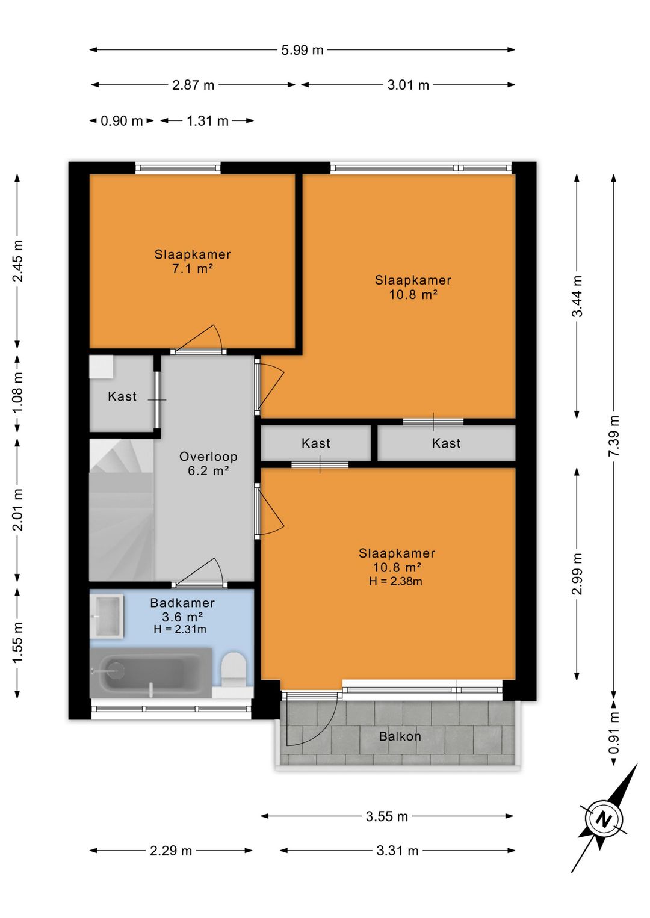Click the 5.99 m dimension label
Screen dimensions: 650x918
pyautogui.click(x=302, y=50)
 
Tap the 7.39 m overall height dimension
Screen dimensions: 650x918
pyautogui.click(x=614, y=436)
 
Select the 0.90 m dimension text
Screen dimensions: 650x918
pyautogui.click(x=122, y=121)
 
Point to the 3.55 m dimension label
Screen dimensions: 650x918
pyautogui.click(x=387, y=816)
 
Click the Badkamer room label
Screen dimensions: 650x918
pyautogui.click(x=182, y=603)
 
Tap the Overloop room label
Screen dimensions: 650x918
pyautogui.click(x=208, y=457)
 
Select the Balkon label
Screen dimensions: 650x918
pyautogui.click(x=400, y=736)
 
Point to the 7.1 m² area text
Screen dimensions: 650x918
pyautogui.click(x=193, y=269)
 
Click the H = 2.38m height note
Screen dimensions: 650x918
pyautogui.click(x=395, y=581)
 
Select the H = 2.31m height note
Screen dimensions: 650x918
pyautogui.click(x=179, y=629)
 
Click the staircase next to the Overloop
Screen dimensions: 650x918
pyautogui.click(x=122, y=510)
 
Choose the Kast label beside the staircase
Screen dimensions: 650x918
pyautogui.click(x=122, y=396)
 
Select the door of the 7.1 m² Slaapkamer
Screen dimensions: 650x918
pyautogui.click(x=199, y=339)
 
